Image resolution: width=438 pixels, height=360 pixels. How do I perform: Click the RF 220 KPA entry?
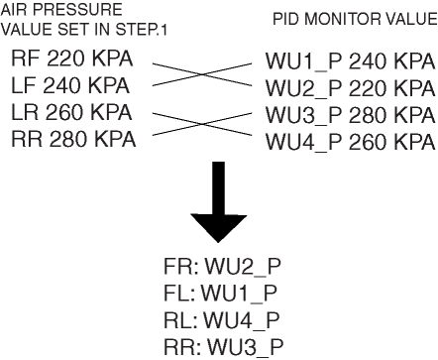[72, 59]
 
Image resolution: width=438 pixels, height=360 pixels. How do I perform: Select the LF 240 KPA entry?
[70, 85]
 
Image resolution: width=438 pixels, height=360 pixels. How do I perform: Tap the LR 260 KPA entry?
[71, 112]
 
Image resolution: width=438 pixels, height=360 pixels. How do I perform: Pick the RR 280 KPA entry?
[73, 139]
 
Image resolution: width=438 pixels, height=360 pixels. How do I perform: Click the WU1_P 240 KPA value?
[351, 61]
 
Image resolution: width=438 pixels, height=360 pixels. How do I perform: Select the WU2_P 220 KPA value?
[351, 88]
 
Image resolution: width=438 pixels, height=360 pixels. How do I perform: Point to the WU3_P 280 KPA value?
[351, 115]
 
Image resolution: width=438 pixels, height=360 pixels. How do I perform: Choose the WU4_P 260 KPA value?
[351, 142]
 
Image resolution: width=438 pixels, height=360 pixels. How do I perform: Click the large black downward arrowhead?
[219, 228]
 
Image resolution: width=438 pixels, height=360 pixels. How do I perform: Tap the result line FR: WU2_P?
[222, 267]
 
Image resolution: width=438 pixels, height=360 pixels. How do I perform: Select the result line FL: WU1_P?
[220, 294]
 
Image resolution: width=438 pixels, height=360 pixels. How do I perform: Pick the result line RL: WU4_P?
[222, 320]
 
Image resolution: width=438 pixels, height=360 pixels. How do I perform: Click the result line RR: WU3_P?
[224, 347]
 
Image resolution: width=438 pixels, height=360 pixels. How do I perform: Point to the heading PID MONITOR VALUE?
[355, 19]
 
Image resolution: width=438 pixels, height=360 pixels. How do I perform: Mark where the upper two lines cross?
[202, 74]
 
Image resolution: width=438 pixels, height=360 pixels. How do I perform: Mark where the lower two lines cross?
[202, 124]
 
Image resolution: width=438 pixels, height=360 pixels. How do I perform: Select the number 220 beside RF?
[65, 59]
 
